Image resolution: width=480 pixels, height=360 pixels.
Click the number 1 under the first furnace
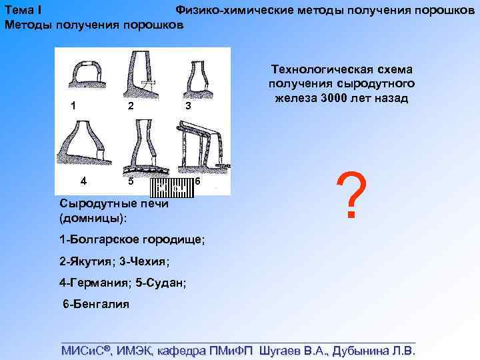point(73,105)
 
